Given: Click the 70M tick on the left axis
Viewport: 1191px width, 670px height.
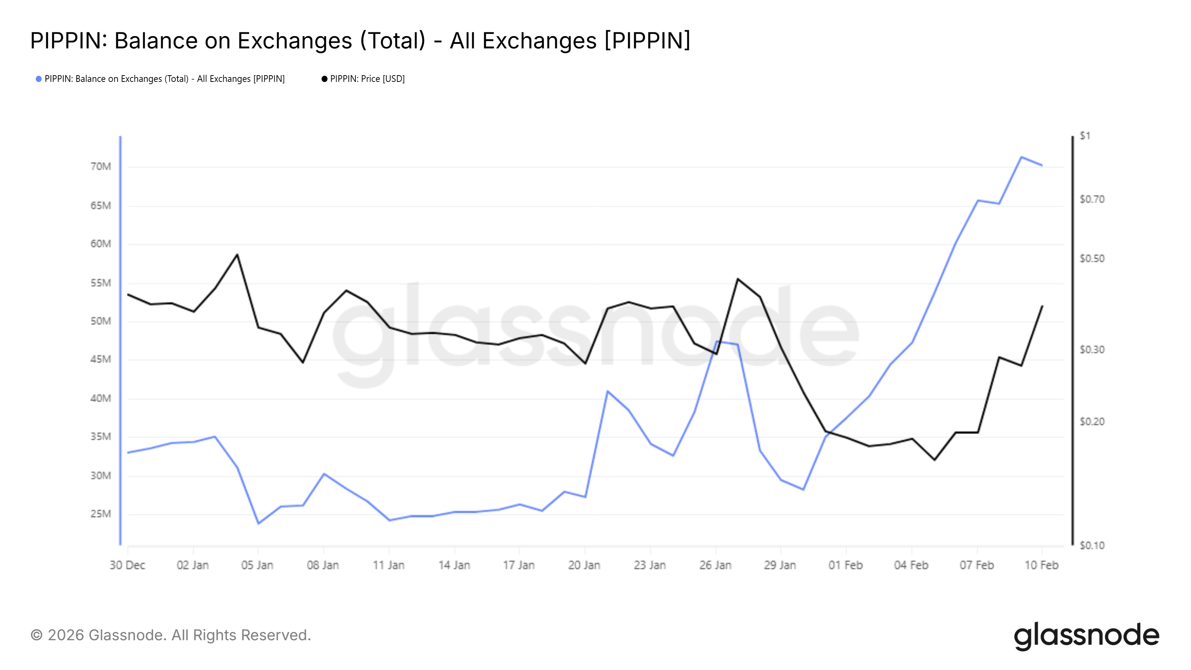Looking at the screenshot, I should pos(100,166).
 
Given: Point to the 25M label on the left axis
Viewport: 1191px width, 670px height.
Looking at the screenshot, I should pos(100,514).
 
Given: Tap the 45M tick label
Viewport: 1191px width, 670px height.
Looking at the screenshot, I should pos(100,359).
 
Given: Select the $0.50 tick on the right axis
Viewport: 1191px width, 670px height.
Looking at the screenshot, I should pos(1092,258).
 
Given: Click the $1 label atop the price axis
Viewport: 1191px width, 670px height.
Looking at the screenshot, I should pos(1085,135).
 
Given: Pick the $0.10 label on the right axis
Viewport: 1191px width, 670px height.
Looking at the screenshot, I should pos(1092,546).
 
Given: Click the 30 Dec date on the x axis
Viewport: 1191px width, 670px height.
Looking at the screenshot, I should pos(127,565).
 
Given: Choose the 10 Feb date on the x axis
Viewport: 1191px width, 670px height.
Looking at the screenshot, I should pos(1041,565).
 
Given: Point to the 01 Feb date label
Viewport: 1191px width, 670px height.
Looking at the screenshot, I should pos(845,565).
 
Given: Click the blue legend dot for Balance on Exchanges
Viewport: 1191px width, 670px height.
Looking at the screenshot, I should pos(39,79).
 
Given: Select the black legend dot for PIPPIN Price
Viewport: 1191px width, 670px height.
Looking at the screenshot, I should pos(324,79).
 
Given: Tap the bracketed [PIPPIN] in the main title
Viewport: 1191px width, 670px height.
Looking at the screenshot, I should pos(647,41).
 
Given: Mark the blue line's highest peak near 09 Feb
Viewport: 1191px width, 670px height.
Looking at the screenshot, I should pos(1021,157).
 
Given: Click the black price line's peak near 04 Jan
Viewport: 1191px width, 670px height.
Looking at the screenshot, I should pos(237,254).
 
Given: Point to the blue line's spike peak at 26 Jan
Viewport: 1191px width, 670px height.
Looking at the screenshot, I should pos(716,342).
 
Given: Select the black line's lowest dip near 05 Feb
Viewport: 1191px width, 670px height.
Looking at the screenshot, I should pos(935,460).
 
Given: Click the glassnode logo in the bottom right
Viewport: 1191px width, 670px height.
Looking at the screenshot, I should pos(1086,636).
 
